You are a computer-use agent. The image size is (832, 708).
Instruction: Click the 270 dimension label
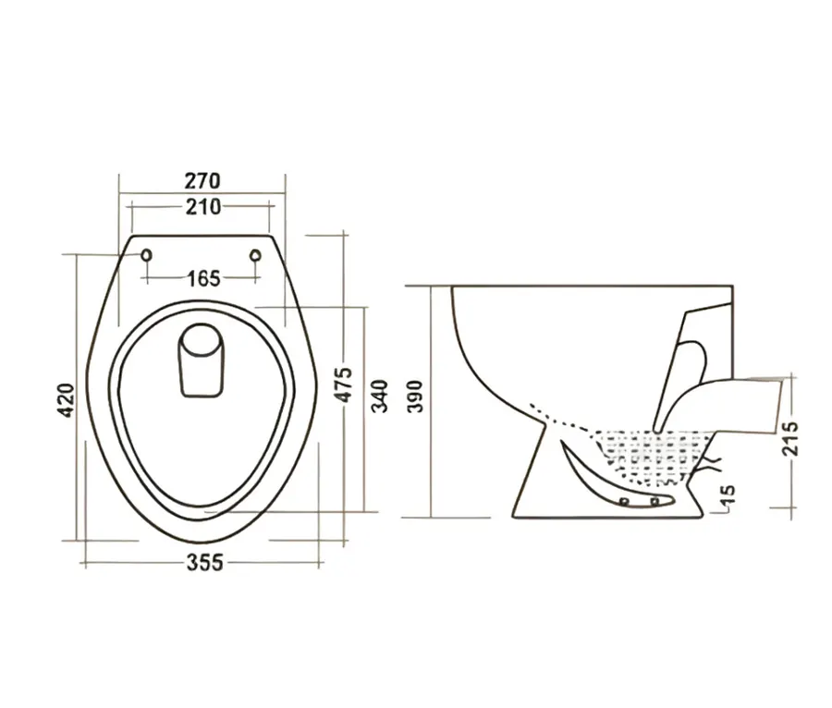point(202,181)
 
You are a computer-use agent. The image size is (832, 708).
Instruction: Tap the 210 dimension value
point(203,207)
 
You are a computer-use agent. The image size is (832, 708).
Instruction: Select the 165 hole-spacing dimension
point(203,278)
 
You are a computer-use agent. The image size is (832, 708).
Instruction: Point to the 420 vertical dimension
point(67,400)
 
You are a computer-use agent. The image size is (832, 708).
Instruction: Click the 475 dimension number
point(345,385)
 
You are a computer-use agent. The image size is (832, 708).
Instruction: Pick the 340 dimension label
point(379,397)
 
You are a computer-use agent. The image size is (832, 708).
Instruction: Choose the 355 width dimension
point(205,562)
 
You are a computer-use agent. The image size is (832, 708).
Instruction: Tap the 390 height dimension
point(416,397)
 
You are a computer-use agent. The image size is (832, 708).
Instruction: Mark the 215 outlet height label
point(790,439)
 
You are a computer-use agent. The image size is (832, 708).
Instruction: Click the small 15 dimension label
point(728,498)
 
